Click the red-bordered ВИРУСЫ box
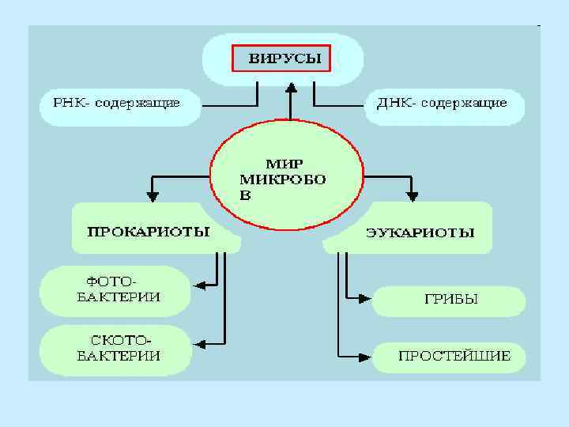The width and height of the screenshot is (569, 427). pos(281,59)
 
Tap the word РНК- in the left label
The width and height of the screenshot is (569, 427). pos(70,103)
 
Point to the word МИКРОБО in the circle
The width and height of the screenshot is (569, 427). pos(282,179)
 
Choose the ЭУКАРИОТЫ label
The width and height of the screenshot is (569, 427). pos(420,233)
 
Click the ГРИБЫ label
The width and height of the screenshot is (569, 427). pos(450,300)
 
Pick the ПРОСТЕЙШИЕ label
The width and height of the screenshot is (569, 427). pos(454,356)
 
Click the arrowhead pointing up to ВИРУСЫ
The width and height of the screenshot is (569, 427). pos(291,89)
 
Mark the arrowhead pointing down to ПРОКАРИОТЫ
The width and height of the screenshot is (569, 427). pos(153,192)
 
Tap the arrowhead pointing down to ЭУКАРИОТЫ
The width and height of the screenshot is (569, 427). pos(412,192)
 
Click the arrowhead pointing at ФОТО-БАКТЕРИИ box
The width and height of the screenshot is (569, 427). pos(198,283)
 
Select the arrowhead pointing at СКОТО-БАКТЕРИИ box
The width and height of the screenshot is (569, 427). pos(198,343)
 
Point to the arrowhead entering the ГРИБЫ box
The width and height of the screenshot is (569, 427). pos(364,298)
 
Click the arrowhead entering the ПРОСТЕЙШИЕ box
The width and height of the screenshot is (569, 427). pos(364,354)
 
